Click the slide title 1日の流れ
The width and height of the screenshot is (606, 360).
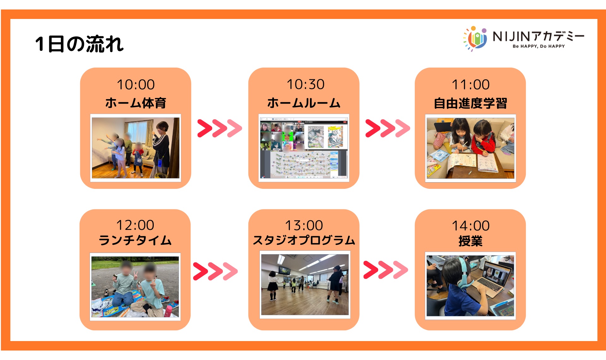pyautogui.click(x=79, y=44)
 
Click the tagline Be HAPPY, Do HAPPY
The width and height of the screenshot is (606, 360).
pyautogui.click(x=539, y=46)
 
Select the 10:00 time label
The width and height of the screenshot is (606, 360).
pyautogui.click(x=136, y=85)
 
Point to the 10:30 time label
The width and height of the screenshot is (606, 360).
pyautogui.click(x=306, y=84)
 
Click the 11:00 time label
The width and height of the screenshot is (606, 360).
pyautogui.click(x=471, y=85)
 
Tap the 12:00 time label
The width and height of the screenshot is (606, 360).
pyautogui.click(x=135, y=225)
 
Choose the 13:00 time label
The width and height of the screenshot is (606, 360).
pyautogui.click(x=304, y=225)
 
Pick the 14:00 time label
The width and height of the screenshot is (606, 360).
pyautogui.click(x=471, y=226)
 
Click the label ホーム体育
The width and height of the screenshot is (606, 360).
pyautogui.click(x=136, y=103)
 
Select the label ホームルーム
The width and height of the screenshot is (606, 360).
pyautogui.click(x=304, y=103)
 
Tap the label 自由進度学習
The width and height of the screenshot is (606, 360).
pyautogui.click(x=470, y=103)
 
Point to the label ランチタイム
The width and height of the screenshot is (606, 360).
pyautogui.click(x=135, y=240)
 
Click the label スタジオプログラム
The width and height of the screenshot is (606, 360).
pyautogui.click(x=304, y=240)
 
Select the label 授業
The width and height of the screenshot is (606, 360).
pyautogui.click(x=470, y=241)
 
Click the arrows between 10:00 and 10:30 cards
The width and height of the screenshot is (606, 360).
pyautogui.click(x=220, y=128)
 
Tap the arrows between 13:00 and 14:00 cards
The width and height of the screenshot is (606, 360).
pyautogui.click(x=386, y=270)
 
